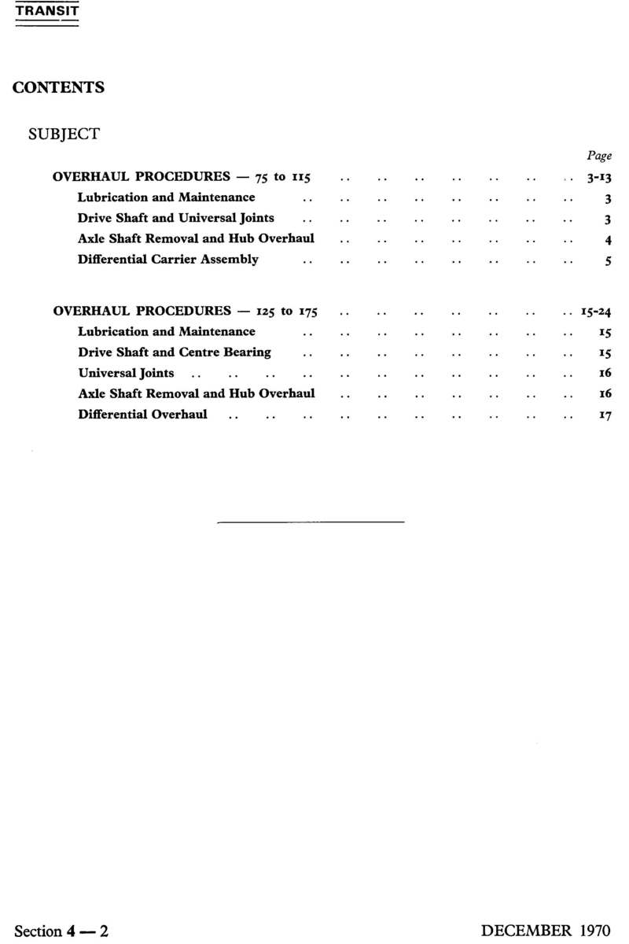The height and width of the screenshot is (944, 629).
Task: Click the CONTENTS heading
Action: (x=58, y=87)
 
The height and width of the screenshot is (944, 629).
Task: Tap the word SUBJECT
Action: (x=64, y=134)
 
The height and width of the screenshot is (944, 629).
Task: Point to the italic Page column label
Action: (x=599, y=156)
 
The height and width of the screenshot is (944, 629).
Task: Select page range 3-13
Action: (x=598, y=178)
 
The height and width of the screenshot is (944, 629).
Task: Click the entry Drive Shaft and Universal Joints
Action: (x=176, y=218)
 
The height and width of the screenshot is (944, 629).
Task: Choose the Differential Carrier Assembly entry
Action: (x=168, y=260)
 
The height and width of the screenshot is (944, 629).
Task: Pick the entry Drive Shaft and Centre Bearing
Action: (x=175, y=352)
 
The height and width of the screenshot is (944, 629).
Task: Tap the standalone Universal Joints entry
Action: (x=127, y=373)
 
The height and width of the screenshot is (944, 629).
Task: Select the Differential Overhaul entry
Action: (x=143, y=414)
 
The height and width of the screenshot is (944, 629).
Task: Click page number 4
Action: (x=608, y=240)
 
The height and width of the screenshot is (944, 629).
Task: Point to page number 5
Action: (x=608, y=261)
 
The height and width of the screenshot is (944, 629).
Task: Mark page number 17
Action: (x=605, y=415)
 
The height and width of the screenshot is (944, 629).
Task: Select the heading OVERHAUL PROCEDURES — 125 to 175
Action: (x=185, y=311)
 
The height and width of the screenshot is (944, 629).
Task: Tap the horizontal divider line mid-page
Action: (x=310, y=522)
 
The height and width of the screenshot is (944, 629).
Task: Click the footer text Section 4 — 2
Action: (x=62, y=931)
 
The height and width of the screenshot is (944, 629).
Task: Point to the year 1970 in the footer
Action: (x=594, y=931)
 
